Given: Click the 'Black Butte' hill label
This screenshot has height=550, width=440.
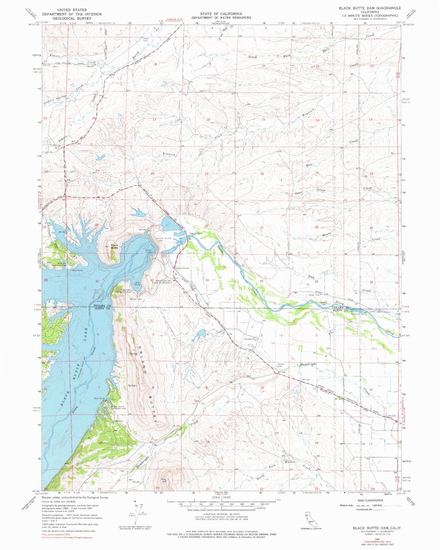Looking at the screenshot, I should tap(114, 246).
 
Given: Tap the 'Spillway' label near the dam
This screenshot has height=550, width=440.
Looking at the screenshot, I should tap(142, 229).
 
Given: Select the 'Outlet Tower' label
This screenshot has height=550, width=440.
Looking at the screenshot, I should tap(149, 251).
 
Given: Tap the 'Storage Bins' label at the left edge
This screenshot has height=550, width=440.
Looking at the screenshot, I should tap(57, 147).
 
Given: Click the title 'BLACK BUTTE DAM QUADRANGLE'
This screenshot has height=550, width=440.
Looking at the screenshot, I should tap(370, 8).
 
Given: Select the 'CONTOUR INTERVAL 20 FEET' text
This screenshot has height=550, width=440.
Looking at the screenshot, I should tap(221, 514).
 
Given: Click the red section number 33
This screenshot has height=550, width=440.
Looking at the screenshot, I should tap(207, 280).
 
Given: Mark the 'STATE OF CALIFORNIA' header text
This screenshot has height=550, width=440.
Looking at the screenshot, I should tap(221, 13).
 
